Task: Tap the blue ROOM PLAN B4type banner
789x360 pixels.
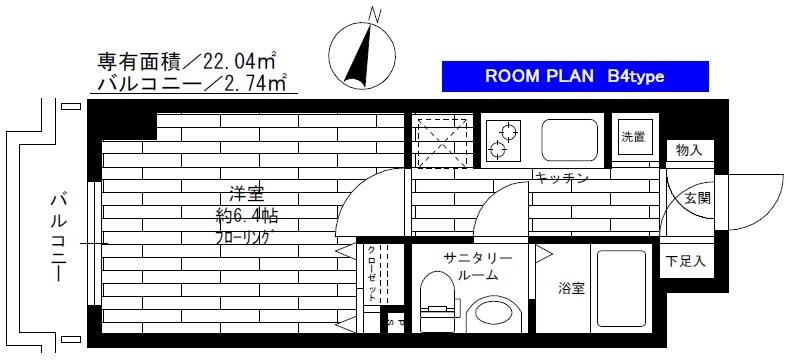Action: pos(574,76)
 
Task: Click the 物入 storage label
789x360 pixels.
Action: pos(688,150)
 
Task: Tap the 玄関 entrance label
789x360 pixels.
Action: pos(698,198)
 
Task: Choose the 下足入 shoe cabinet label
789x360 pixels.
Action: pos(686,262)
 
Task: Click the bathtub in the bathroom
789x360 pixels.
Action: pos(621,287)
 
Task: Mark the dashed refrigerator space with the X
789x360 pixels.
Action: pos(442,140)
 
